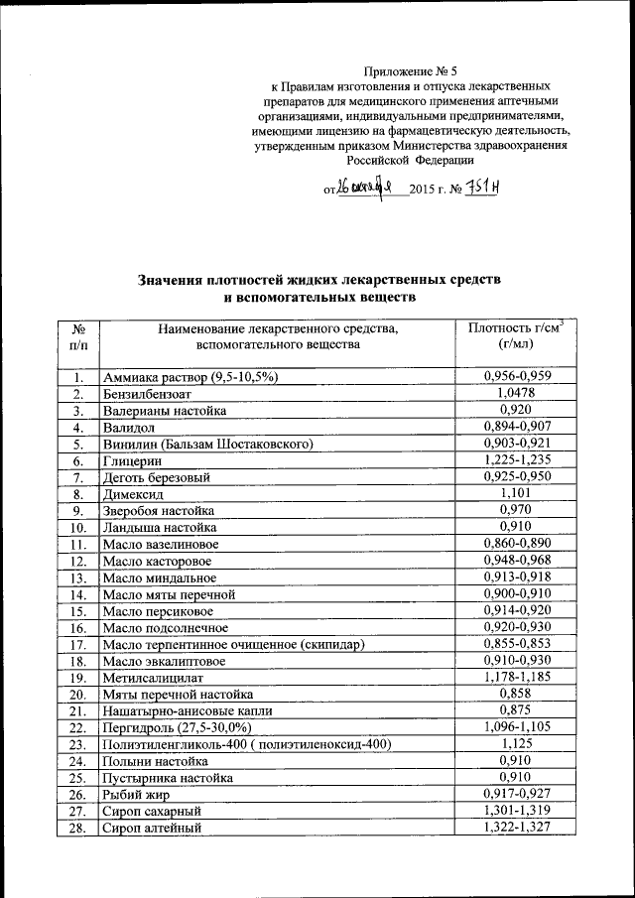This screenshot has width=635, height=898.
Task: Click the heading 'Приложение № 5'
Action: click(x=410, y=71)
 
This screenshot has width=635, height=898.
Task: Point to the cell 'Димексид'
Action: click(x=135, y=494)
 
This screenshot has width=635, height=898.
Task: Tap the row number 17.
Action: click(x=78, y=645)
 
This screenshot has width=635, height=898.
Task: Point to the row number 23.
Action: click(x=78, y=745)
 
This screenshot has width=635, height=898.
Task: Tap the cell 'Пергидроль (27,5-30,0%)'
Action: click(x=178, y=728)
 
